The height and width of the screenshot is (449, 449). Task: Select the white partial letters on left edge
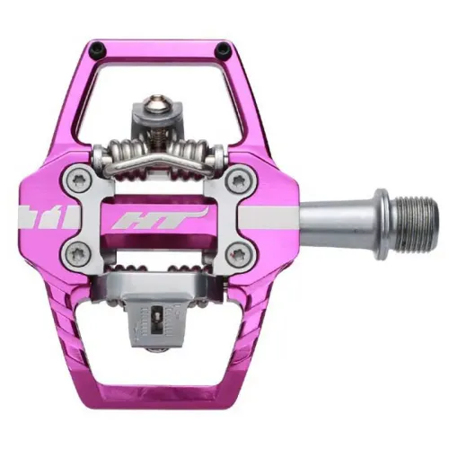(x=33, y=216)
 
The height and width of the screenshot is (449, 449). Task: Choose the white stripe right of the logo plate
(x=269, y=216)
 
